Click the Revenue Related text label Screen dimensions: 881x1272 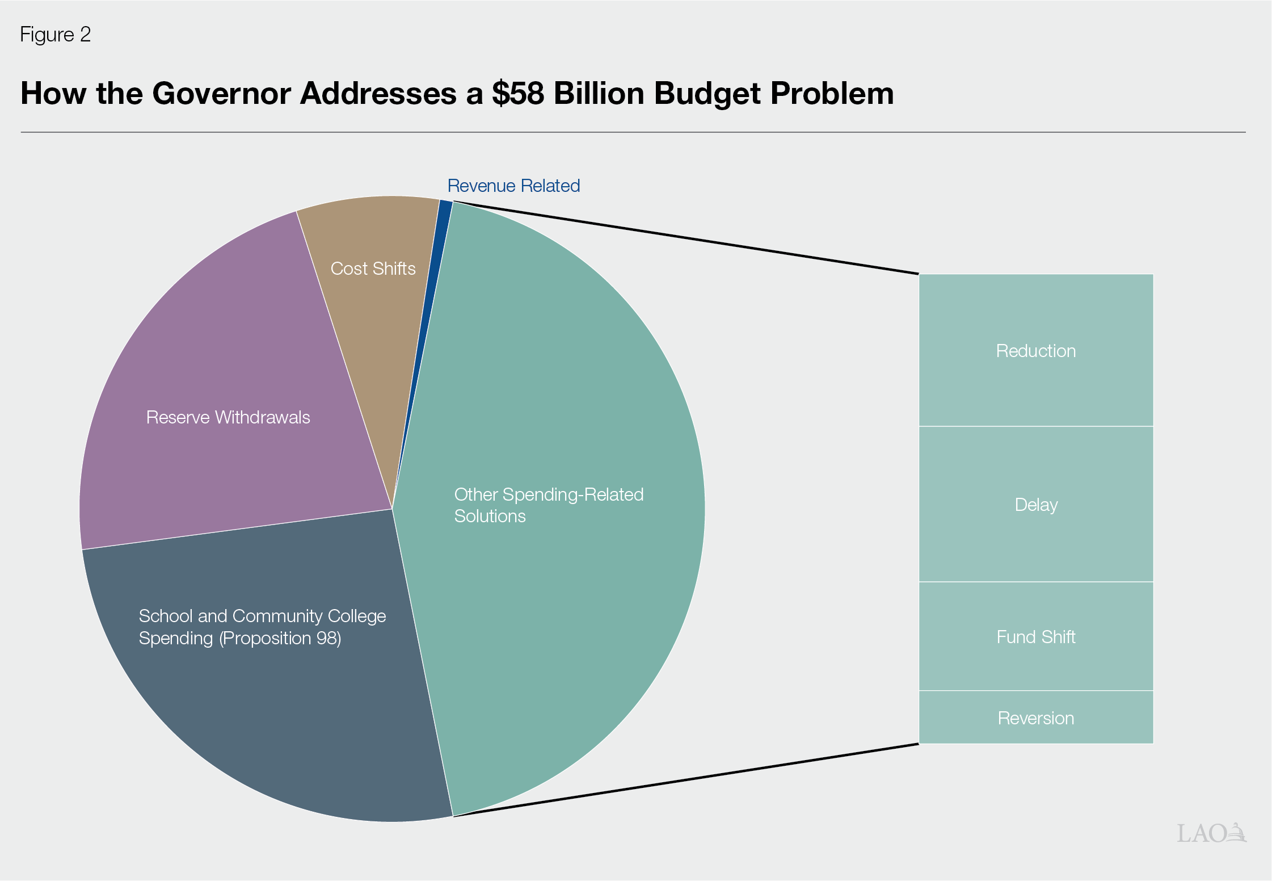(513, 186)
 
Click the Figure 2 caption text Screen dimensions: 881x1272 (55, 35)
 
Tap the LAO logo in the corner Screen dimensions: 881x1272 (1211, 833)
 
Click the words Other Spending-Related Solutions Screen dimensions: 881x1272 (548, 505)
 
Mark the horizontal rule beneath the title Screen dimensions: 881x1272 (633, 132)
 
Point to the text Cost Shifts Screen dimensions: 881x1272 (373, 269)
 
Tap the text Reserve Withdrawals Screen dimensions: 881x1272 (228, 417)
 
